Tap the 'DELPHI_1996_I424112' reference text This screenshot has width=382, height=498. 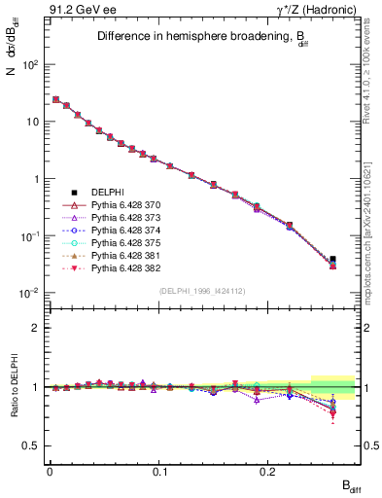(x=203, y=292)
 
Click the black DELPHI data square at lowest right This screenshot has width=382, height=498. (x=333, y=260)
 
